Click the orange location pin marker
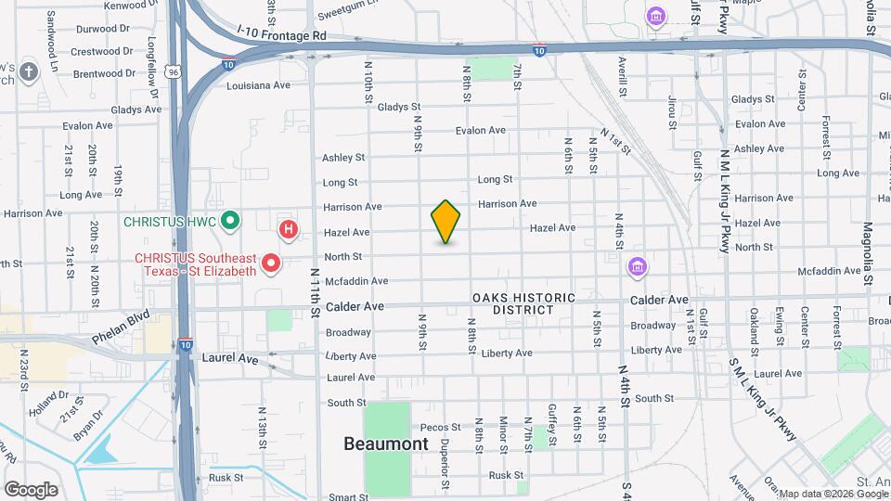446,222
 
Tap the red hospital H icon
289,228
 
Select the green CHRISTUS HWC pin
232,221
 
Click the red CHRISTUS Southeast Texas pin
271,263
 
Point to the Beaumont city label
386,443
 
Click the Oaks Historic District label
523,303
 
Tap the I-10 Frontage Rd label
282,35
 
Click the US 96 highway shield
174,70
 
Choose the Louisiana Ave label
260,84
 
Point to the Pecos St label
433,427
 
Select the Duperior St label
445,464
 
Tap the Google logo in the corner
30,489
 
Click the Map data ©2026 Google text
833,494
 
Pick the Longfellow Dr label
153,66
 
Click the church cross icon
29,71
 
